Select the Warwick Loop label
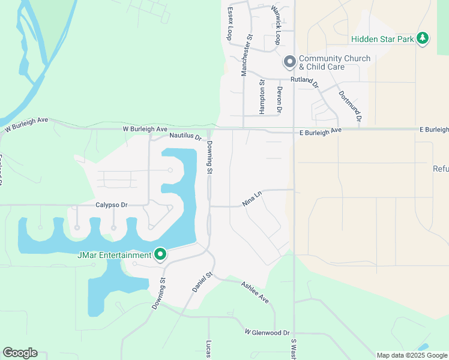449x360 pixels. point(276,26)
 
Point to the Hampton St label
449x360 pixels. point(262,97)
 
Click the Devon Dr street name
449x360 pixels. point(279,98)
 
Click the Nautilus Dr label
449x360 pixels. point(185,136)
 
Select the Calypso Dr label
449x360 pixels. point(112,205)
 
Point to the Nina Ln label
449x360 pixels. point(253,199)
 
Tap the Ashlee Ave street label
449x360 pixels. point(255,292)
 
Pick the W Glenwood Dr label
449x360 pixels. point(267,332)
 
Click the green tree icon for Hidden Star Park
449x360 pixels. point(423,38)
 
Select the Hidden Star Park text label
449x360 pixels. point(383,39)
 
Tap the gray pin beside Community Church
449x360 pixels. point(289,62)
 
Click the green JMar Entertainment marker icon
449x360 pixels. point(160,255)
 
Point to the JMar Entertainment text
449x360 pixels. point(114,256)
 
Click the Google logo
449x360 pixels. point(20,353)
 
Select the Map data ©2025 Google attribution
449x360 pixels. point(411,355)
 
